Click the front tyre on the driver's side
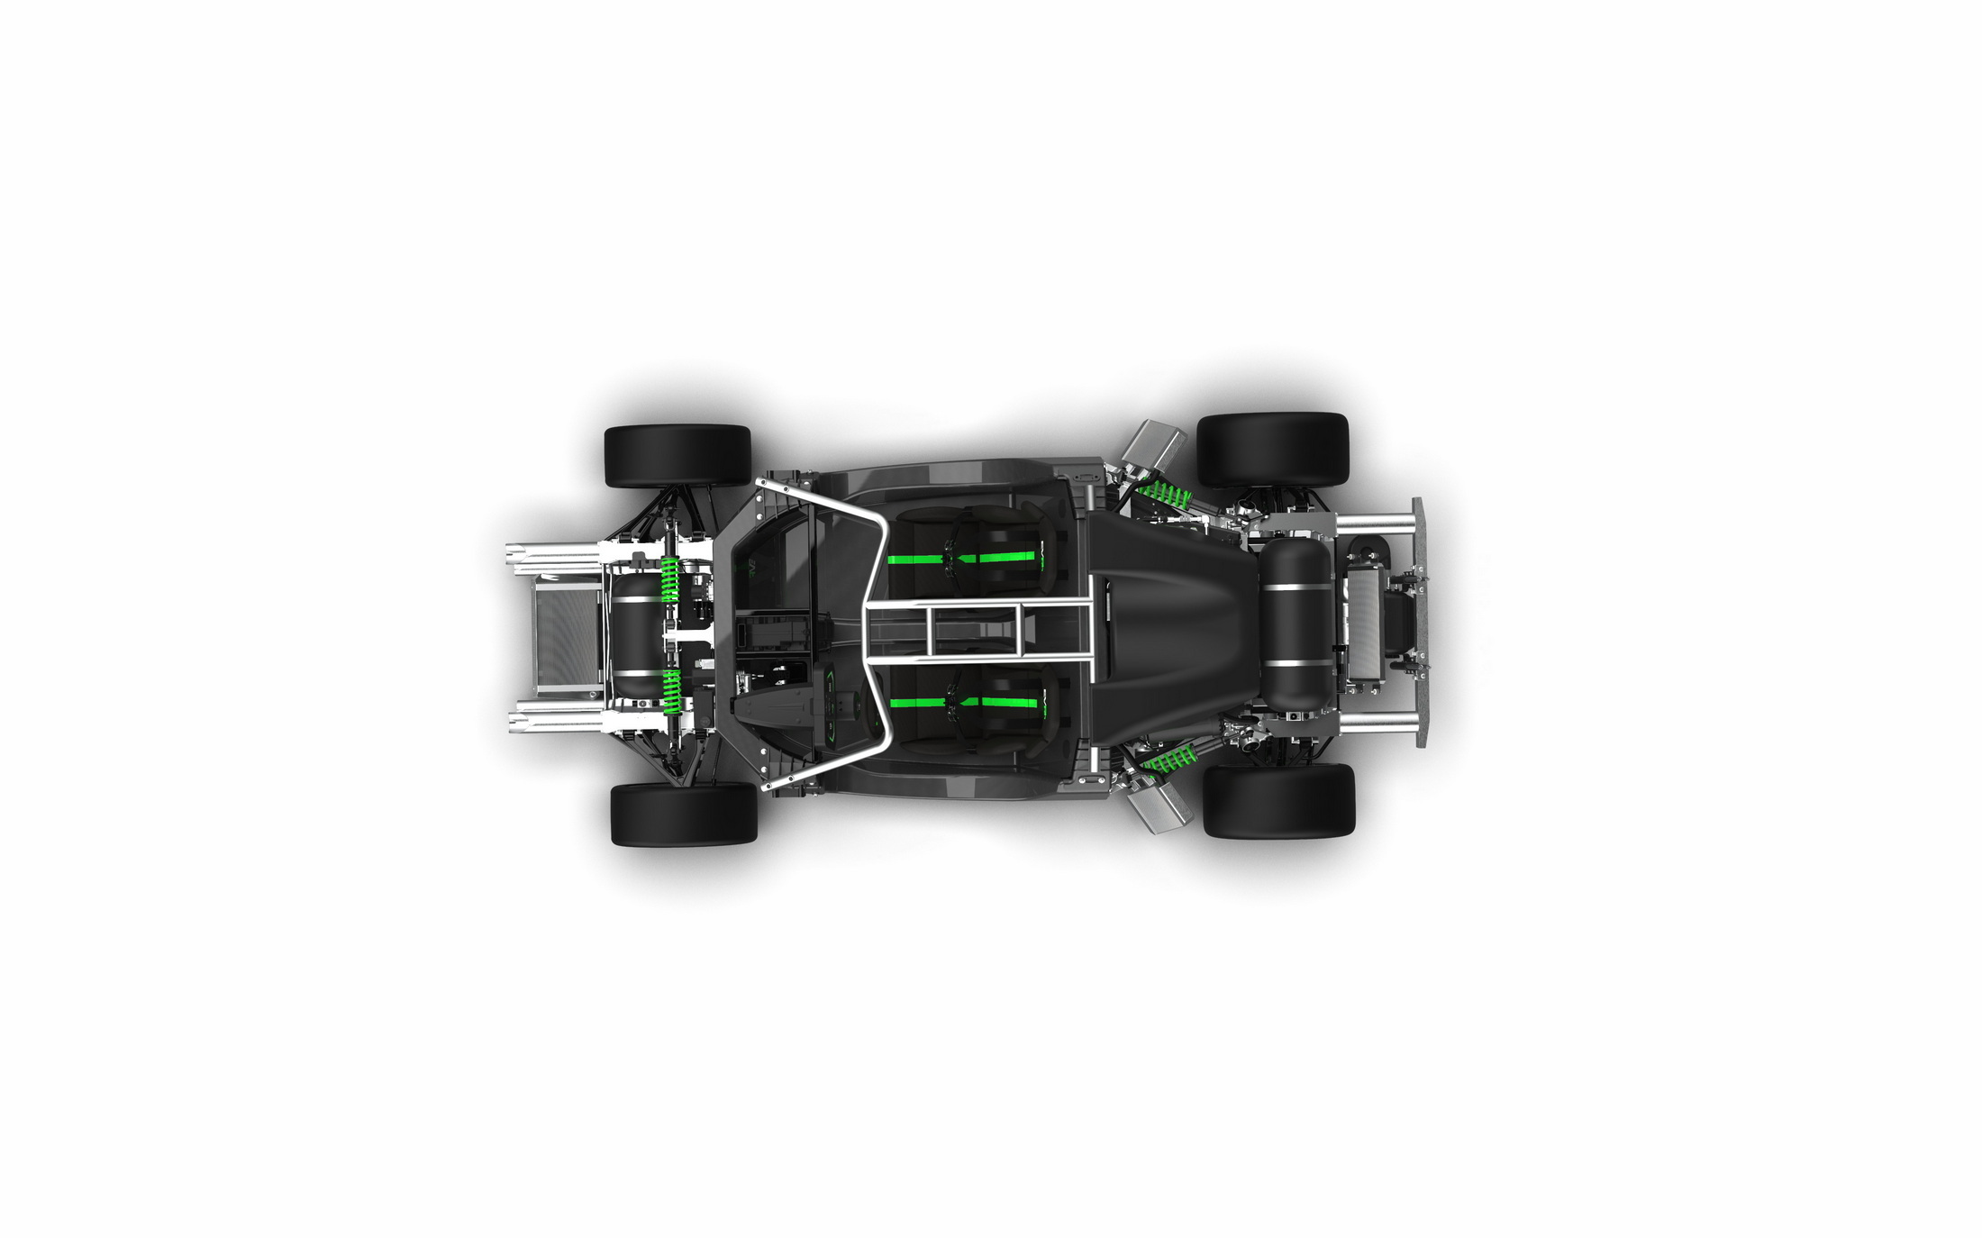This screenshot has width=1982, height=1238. (684, 814)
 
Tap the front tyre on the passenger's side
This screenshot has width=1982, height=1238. (678, 456)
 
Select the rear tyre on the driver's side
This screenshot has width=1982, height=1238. (1278, 801)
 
